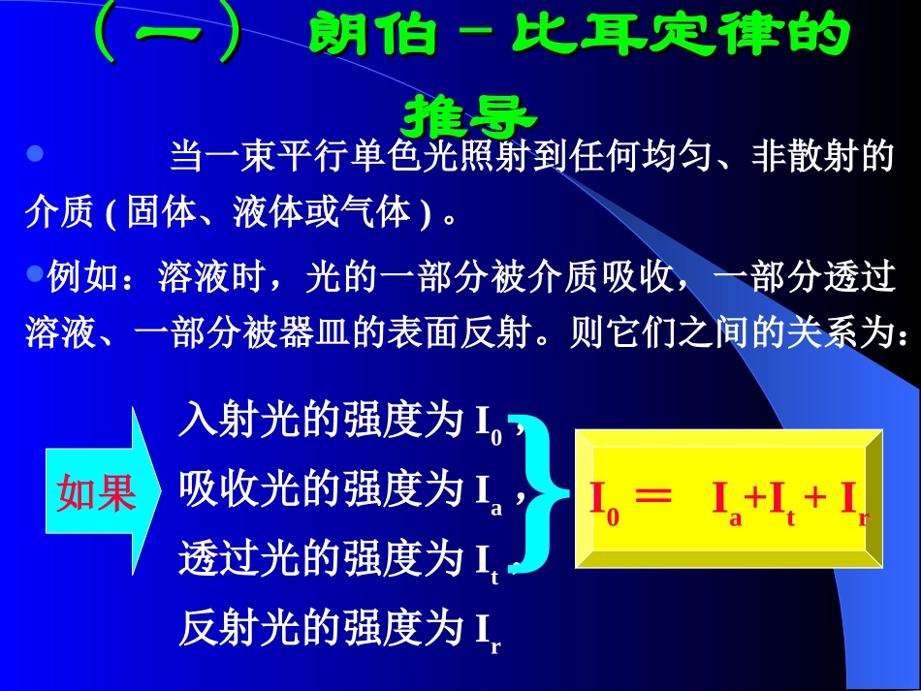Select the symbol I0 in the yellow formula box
click(605, 500)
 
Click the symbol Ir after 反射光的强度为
click(488, 632)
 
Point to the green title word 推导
click(468, 117)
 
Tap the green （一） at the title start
click(166, 36)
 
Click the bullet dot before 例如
click(35, 274)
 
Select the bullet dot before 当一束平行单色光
click(35, 154)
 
